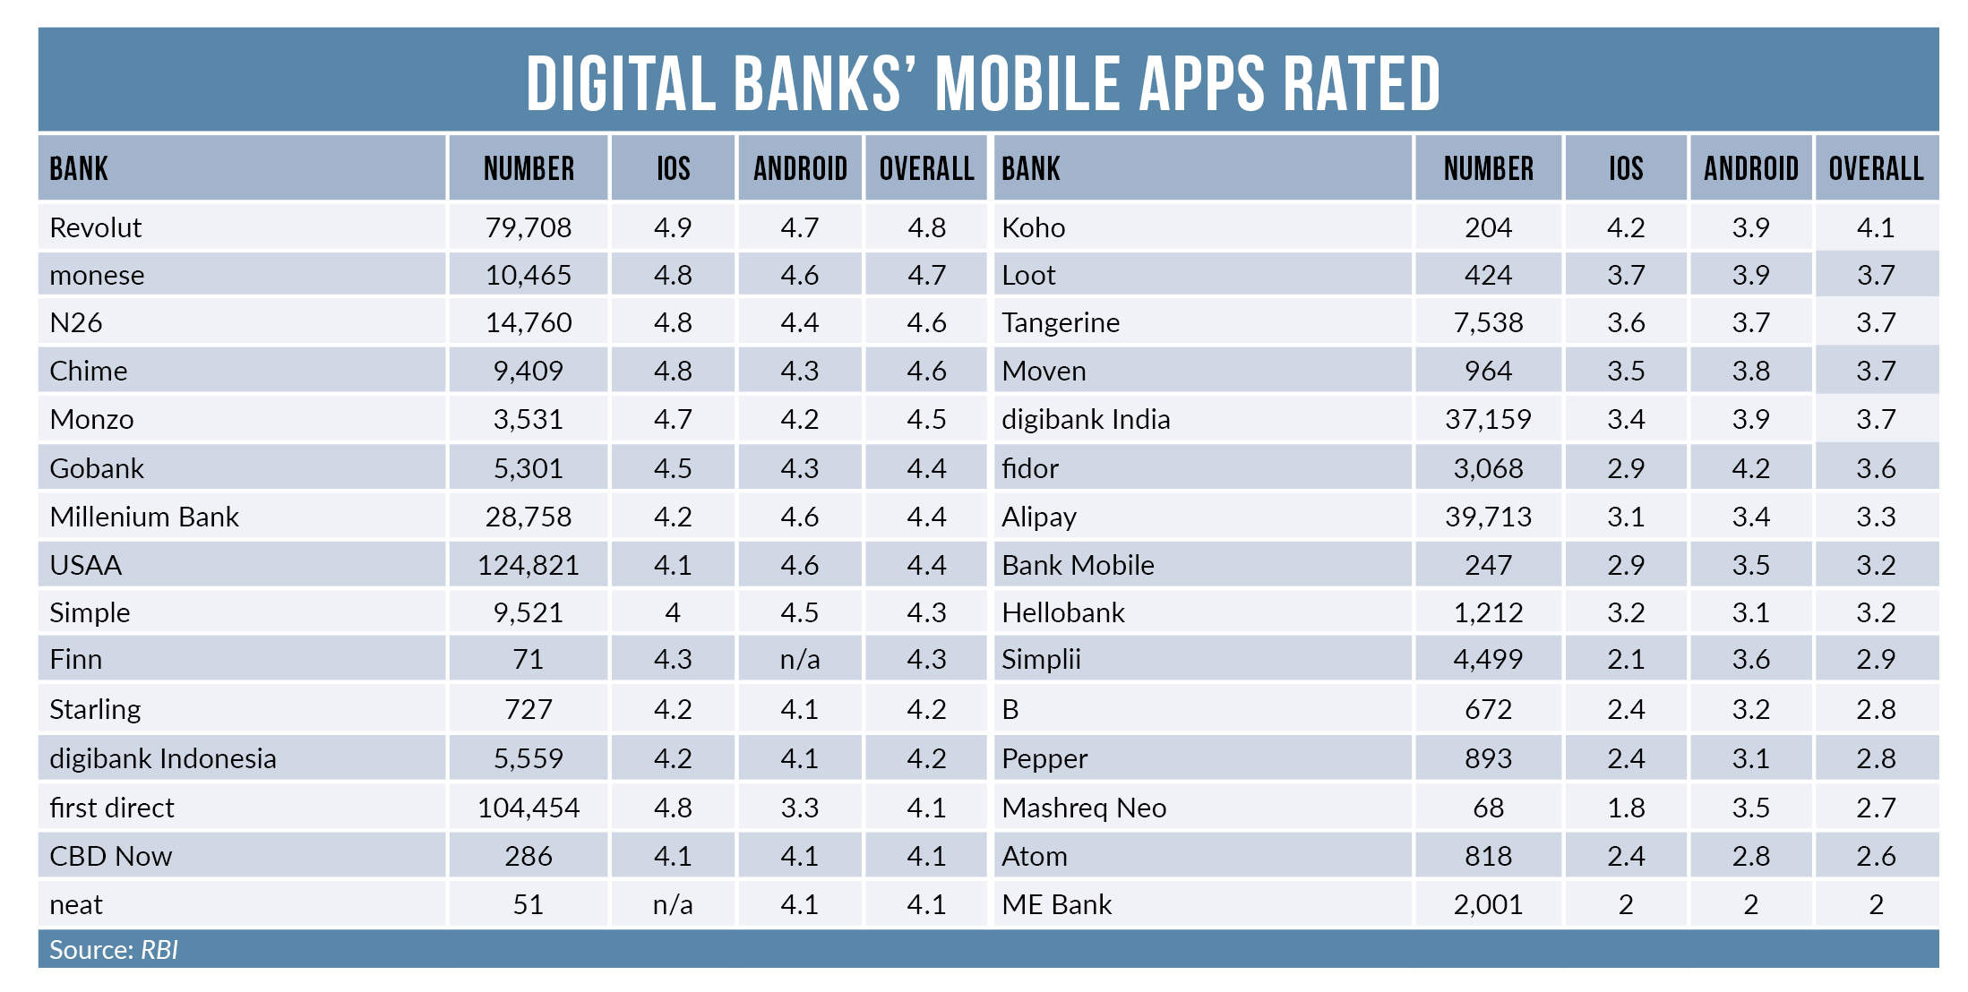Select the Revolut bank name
click(x=95, y=227)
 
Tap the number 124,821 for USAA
click(x=528, y=565)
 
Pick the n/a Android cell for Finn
click(x=799, y=660)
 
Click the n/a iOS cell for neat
click(x=672, y=904)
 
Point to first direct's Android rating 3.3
click(x=799, y=808)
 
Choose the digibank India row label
click(x=1086, y=419)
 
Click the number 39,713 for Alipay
click(x=1488, y=517)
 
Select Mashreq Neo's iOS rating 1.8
click(x=1625, y=808)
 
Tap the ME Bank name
click(x=1056, y=904)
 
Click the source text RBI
click(x=159, y=950)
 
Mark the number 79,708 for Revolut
click(x=528, y=227)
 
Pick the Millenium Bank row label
click(x=144, y=517)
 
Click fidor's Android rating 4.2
click(x=1750, y=468)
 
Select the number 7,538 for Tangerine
click(x=1488, y=322)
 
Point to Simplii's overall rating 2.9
click(x=1875, y=660)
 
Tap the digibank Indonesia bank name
click(x=162, y=758)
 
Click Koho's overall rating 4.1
click(x=1875, y=227)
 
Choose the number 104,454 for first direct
click(x=528, y=808)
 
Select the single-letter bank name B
click(x=1010, y=709)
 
